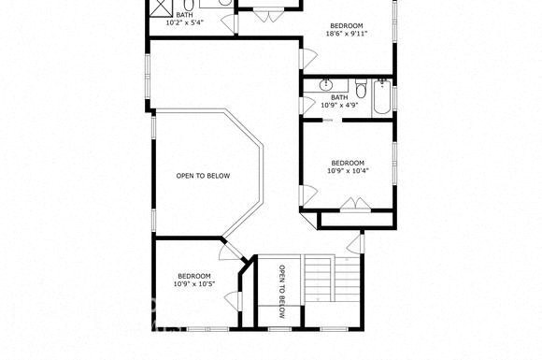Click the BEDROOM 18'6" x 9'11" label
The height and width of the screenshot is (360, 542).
tap(347, 30)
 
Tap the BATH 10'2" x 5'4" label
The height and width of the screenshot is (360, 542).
tap(185, 19)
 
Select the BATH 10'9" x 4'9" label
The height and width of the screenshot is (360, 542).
tap(339, 101)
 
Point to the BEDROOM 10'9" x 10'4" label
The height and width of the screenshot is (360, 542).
tap(348, 166)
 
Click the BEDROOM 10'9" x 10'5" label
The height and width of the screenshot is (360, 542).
tap(194, 281)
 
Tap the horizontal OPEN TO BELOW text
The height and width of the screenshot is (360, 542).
tap(203, 176)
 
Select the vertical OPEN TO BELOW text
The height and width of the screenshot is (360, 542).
tap(282, 292)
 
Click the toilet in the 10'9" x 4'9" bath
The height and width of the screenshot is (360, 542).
tap(362, 89)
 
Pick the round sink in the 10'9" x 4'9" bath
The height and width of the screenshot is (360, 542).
tap(325, 85)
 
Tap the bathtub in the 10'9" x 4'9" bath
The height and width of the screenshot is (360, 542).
tap(382, 97)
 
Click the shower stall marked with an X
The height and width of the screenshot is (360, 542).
tap(161, 7)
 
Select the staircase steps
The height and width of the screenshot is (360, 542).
tap(320, 279)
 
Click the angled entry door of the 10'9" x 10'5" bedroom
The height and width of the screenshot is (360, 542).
tap(231, 251)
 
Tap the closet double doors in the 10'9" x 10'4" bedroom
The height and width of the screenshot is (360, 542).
tap(356, 204)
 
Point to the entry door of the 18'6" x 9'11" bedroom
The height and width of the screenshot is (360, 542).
tap(308, 59)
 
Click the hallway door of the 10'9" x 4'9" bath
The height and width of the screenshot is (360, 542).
tap(307, 105)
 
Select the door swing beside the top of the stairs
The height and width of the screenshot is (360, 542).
tap(355, 243)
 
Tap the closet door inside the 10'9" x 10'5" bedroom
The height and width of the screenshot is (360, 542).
tap(234, 301)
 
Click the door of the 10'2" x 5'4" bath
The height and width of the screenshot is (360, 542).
tap(229, 22)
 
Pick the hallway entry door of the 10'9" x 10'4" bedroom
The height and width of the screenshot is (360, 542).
tap(308, 195)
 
